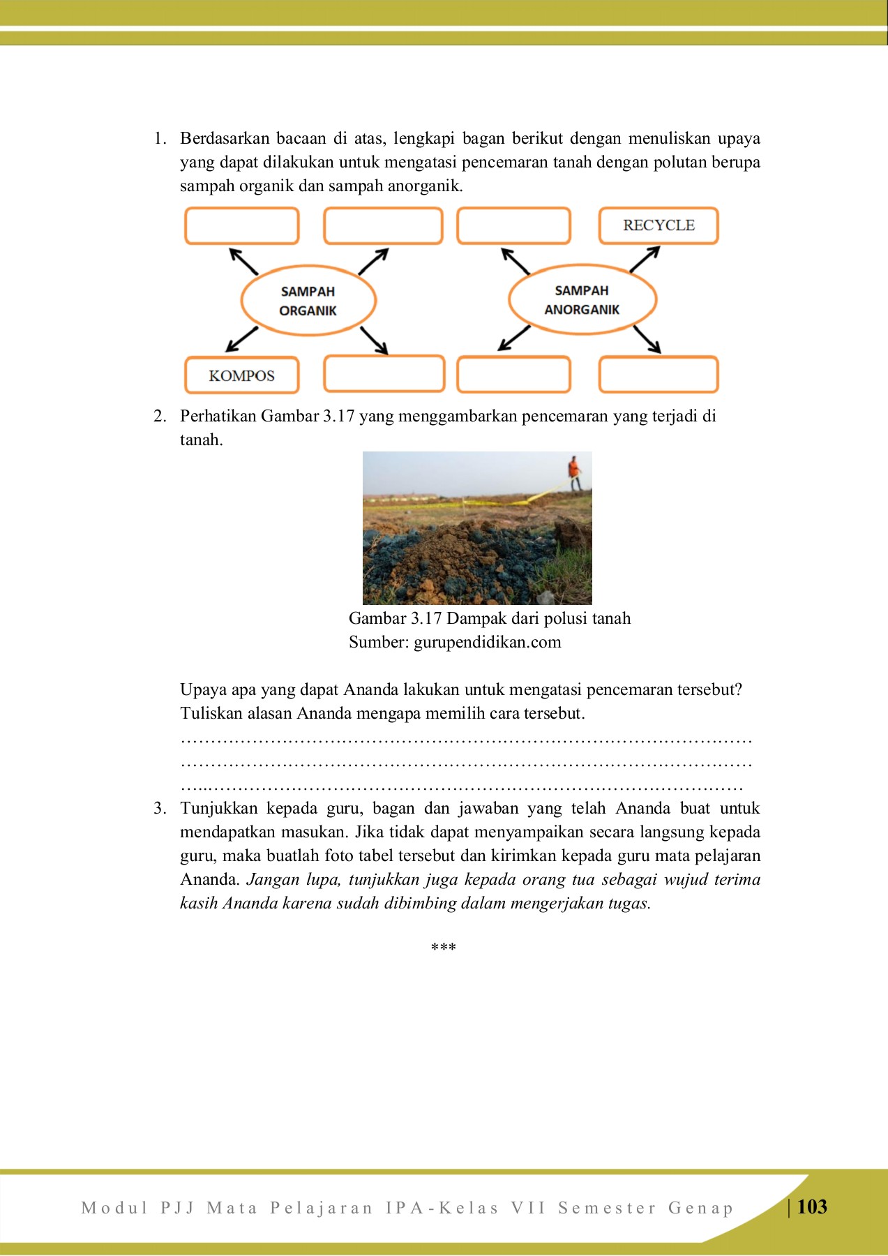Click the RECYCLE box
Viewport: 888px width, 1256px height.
(x=659, y=225)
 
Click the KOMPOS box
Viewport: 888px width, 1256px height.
(x=241, y=375)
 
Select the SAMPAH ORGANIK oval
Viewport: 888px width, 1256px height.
(x=308, y=301)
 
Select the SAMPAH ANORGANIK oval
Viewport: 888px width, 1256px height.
(x=582, y=299)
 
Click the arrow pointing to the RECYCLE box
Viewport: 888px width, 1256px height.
(x=645, y=259)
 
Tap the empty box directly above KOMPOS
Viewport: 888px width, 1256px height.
(x=241, y=225)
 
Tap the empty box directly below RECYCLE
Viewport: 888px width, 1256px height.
(x=659, y=375)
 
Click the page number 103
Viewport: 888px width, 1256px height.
(x=812, y=1207)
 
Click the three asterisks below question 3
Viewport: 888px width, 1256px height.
(x=444, y=947)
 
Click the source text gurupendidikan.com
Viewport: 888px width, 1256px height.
(x=487, y=642)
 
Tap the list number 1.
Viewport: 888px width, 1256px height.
(x=160, y=138)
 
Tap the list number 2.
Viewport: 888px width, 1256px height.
(x=160, y=416)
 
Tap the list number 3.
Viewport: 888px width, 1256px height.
(x=160, y=808)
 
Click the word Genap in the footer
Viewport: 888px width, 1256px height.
(x=700, y=1208)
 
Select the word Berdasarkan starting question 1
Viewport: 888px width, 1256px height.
(x=224, y=138)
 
